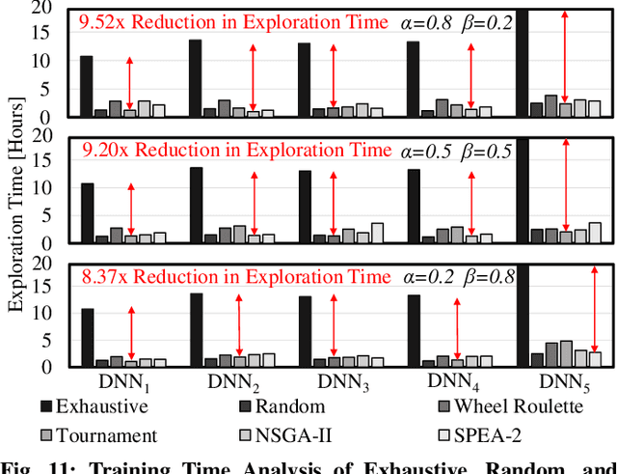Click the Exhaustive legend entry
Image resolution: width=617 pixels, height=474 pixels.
pyautogui.click(x=93, y=406)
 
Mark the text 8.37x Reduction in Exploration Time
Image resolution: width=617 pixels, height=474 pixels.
pyautogui.click(x=235, y=278)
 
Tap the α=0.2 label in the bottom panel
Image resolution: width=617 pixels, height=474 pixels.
pyautogui.click(x=427, y=278)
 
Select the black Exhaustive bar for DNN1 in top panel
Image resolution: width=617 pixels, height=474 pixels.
pyautogui.click(x=87, y=87)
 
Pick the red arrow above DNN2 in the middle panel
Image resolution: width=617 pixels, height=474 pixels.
pyautogui.click(x=253, y=203)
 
